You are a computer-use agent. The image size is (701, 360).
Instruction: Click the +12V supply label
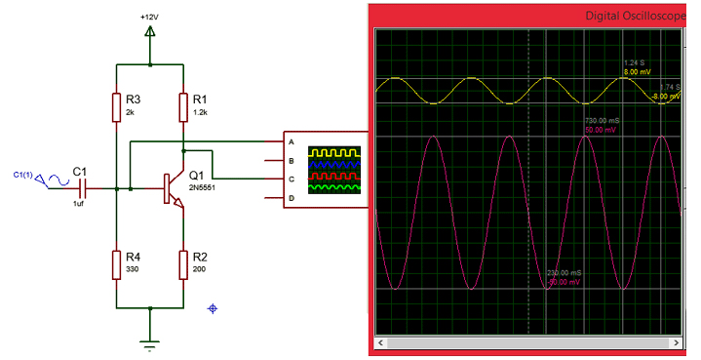150,18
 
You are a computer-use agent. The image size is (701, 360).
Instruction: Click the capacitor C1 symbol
84,185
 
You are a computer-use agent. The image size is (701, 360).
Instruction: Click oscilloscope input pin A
291,140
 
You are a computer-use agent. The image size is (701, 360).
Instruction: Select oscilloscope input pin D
291,199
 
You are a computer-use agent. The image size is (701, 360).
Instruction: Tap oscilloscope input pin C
291,180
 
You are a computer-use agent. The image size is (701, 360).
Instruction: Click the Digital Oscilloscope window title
634,17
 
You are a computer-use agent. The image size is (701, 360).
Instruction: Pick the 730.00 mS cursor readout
604,120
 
